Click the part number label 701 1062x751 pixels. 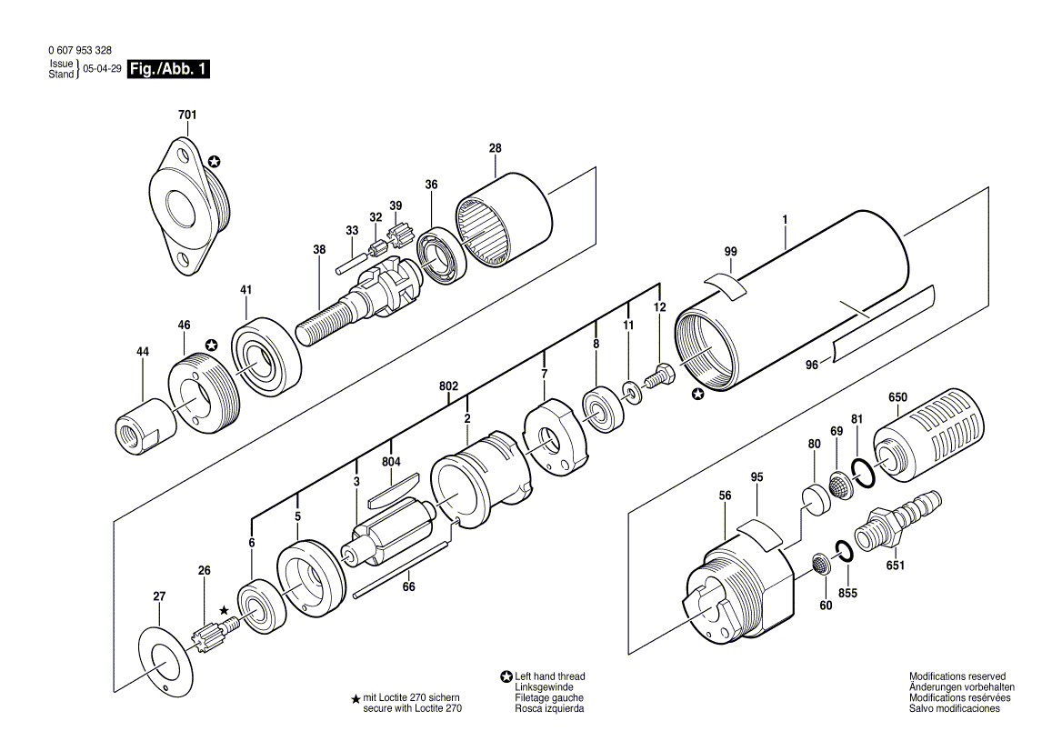[187, 115]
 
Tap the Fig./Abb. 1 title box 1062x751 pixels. [168, 69]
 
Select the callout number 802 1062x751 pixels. [448, 386]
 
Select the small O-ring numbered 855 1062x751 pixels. [844, 551]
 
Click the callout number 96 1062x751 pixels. [812, 365]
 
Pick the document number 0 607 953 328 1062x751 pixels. [80, 51]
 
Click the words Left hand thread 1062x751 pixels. [549, 676]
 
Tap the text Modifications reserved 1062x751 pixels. [957, 676]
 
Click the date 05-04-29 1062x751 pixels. [102, 69]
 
